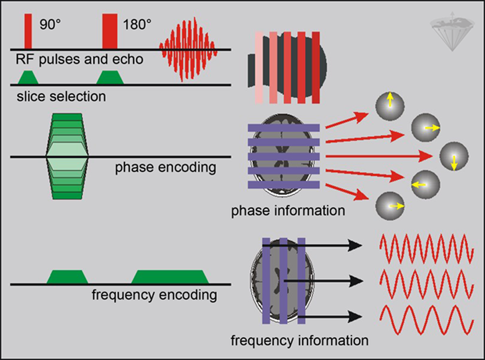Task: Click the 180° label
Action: click(138, 24)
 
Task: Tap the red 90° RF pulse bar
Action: click(28, 32)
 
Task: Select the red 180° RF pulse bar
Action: click(109, 32)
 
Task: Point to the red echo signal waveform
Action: click(188, 49)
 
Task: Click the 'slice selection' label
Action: click(58, 96)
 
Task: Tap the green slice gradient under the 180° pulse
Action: click(110, 78)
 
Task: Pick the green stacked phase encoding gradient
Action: click(67, 156)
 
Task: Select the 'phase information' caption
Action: click(288, 211)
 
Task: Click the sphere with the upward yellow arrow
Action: click(388, 103)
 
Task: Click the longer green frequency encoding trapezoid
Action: click(170, 277)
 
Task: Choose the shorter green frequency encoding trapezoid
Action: click(68, 277)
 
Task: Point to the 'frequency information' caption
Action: click(300, 340)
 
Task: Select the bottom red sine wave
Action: click(426, 319)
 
